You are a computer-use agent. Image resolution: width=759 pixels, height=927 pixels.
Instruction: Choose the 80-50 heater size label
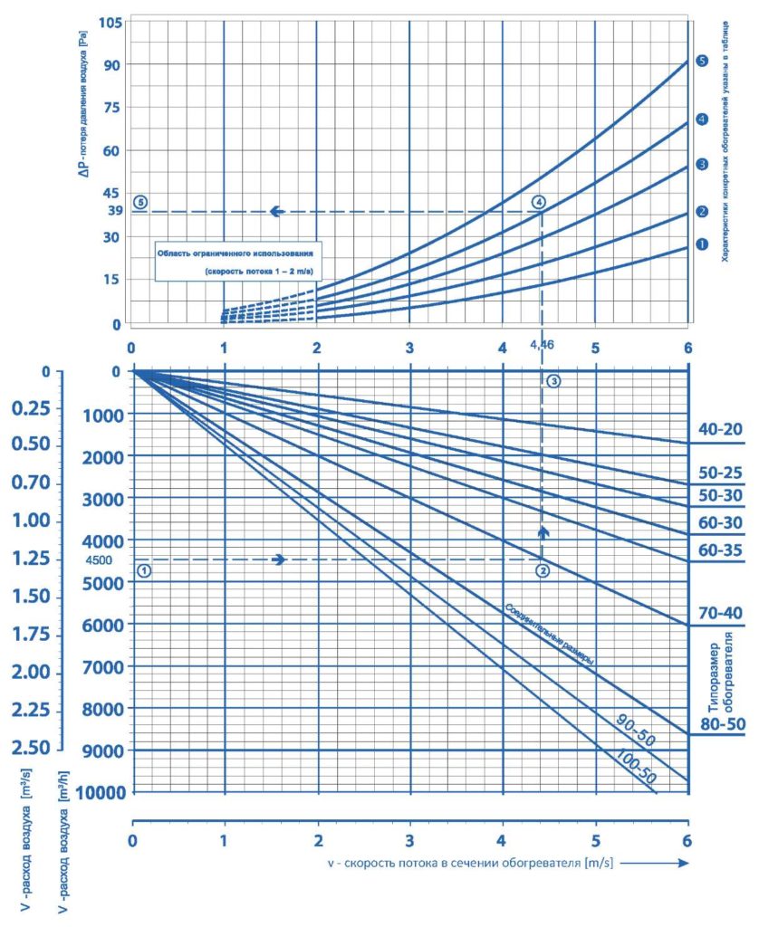tap(722, 724)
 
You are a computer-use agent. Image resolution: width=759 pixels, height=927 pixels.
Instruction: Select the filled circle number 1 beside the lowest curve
tap(702, 244)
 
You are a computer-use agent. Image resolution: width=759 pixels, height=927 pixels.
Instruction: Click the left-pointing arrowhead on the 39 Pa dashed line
tap(276, 212)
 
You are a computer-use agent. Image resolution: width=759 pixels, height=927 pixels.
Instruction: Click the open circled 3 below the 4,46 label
tap(555, 381)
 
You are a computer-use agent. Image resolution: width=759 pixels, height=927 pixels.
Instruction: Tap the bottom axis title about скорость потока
tap(471, 863)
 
